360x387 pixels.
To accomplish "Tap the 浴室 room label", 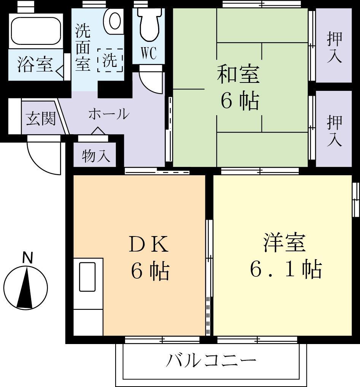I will [x=35, y=64].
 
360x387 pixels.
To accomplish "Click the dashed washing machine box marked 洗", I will [x=110, y=60].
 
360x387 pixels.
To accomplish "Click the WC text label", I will [x=149, y=54].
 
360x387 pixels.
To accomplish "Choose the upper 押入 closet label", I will [x=334, y=47].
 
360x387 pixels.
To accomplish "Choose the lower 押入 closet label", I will [x=334, y=130].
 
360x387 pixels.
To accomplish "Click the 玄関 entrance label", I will [x=40, y=119].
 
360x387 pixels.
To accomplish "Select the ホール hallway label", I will [x=109, y=114].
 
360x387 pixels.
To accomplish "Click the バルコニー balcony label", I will [x=211, y=360].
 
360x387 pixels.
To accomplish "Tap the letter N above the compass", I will [x=27, y=258].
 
